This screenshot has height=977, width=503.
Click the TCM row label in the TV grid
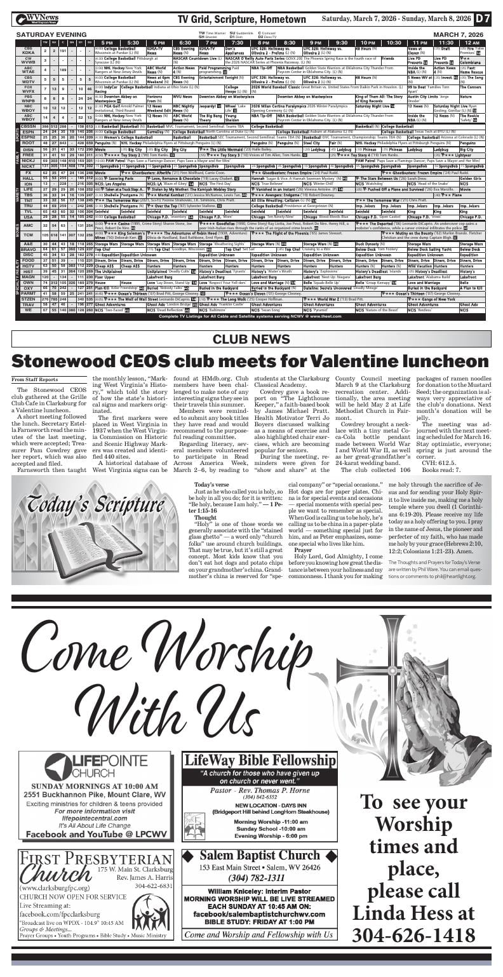[28, 234]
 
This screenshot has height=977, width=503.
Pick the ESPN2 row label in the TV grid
[28, 137]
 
